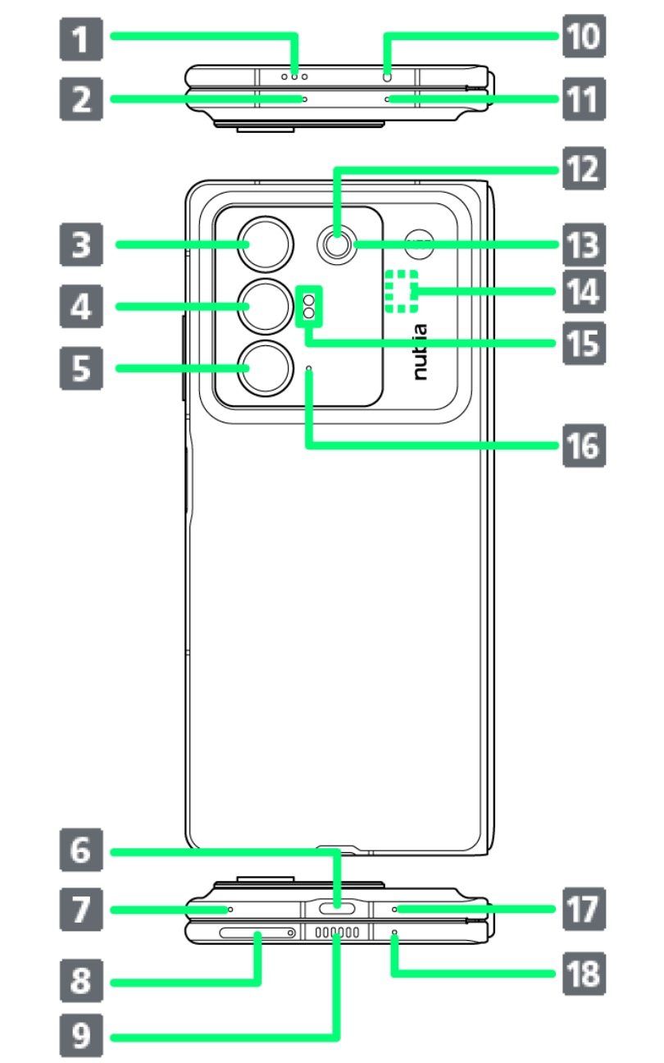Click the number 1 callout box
[80, 37]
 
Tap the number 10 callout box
[581, 37]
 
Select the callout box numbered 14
[581, 291]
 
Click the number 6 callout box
[80, 852]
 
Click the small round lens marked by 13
[335, 244]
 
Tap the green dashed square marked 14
[402, 291]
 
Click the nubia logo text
[420, 351]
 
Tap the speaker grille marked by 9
[337, 933]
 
